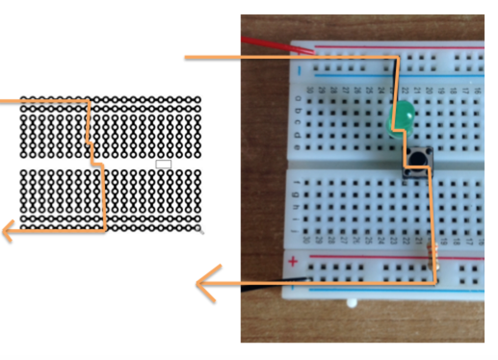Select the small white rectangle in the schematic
[x=163, y=164]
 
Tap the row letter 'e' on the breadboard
[x=299, y=145]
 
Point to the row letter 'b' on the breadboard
[x=299, y=111]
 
